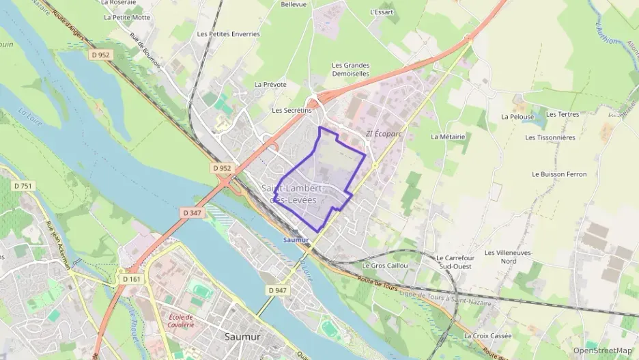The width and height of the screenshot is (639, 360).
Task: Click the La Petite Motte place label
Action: [127, 18]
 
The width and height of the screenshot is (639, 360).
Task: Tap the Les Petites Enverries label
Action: [228, 33]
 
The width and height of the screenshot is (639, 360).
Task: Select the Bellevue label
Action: [294, 4]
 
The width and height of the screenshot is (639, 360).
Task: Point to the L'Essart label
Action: [382, 12]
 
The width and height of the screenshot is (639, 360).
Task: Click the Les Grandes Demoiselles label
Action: [350, 69]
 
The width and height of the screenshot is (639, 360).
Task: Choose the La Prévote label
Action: [270, 84]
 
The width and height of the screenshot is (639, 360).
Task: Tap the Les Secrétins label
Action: [292, 109]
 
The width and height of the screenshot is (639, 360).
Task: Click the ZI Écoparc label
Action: [384, 134]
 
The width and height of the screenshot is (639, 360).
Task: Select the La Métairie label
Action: [448, 136]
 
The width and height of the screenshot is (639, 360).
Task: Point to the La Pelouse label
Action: [517, 116]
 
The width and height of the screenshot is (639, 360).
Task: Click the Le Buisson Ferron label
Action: [559, 174]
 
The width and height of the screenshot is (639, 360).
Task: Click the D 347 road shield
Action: [193, 213]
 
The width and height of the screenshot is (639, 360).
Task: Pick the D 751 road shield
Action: [22, 186]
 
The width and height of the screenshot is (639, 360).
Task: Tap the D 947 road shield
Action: [277, 290]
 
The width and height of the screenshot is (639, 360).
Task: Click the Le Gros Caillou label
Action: [385, 265]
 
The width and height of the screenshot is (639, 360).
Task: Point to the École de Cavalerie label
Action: [180, 320]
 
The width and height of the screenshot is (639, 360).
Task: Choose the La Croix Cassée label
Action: [487, 335]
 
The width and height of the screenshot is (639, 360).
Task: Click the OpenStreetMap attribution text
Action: [603, 350]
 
